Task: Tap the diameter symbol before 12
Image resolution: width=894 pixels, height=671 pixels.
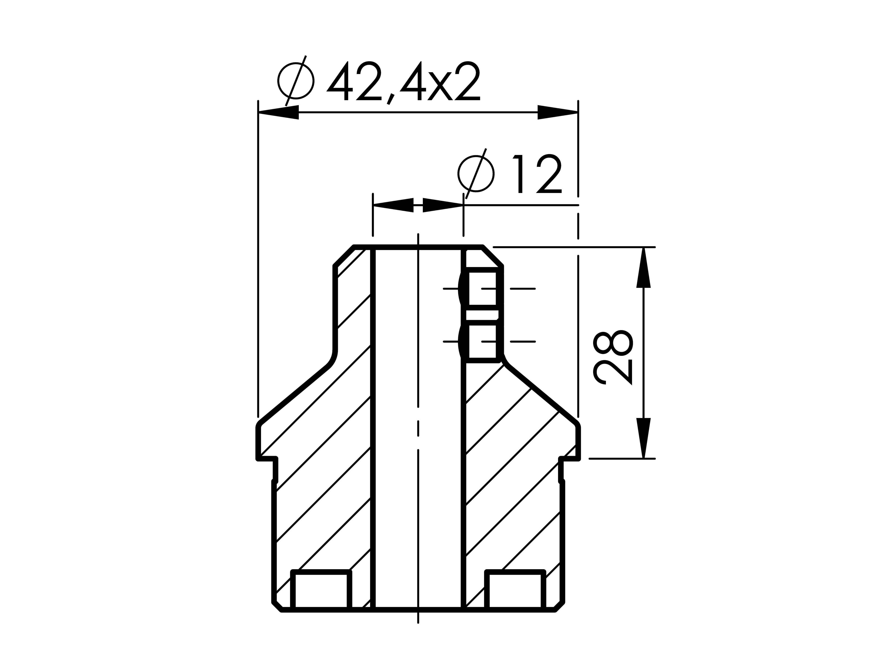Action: click(476, 174)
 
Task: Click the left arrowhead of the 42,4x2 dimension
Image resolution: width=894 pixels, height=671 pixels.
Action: click(278, 112)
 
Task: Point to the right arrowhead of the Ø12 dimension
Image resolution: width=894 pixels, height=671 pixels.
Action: click(443, 205)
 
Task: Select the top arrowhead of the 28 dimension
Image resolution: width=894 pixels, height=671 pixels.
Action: click(643, 267)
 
